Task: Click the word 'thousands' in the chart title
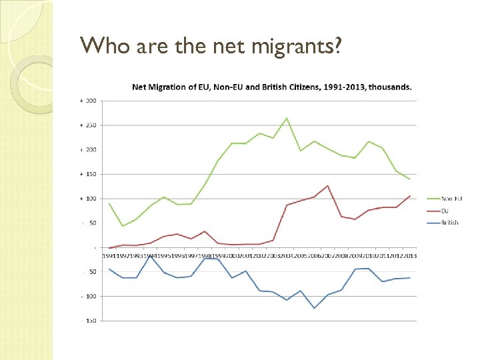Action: pyautogui.click(x=389, y=87)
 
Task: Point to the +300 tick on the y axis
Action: pyautogui.click(x=89, y=101)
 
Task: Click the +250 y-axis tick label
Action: pyautogui.click(x=89, y=125)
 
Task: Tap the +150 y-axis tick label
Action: pyautogui.click(x=89, y=174)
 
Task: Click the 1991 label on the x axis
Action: pyautogui.click(x=108, y=256)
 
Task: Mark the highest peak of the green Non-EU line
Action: pyautogui.click(x=287, y=118)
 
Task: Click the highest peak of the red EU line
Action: pyautogui.click(x=327, y=185)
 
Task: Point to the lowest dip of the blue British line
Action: pyautogui.click(x=314, y=308)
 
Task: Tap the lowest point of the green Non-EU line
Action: pyautogui.click(x=123, y=226)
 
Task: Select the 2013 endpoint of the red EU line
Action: pyautogui.click(x=409, y=196)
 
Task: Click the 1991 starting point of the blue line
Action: pyautogui.click(x=109, y=269)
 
